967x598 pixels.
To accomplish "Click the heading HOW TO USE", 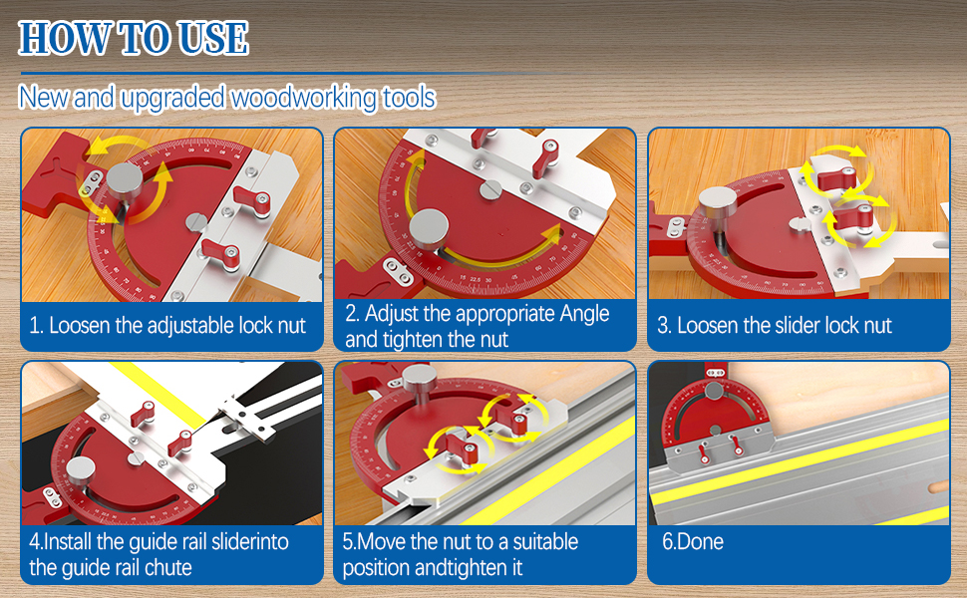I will tap(134, 38).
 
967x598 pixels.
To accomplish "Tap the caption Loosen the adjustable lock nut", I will tap(167, 325).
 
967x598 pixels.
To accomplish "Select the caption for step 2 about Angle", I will tap(477, 326).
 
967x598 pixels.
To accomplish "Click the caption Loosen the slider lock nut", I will tap(774, 325).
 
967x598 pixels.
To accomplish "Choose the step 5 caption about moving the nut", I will tap(460, 555).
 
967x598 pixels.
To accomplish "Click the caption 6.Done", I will tap(693, 542).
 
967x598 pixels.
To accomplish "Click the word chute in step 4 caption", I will tap(170, 568).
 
